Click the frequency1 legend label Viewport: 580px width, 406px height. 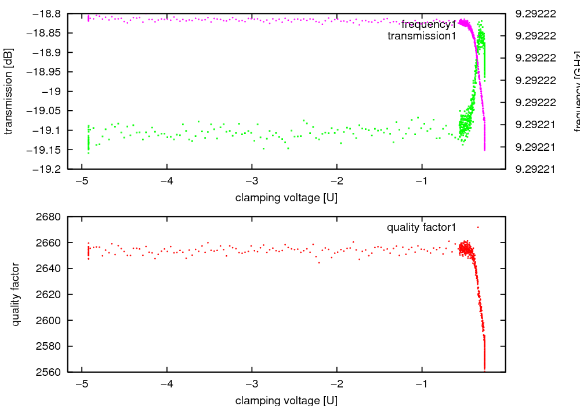click(x=429, y=25)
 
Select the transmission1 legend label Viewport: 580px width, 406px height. click(x=422, y=36)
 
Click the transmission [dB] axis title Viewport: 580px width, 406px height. click(x=8, y=91)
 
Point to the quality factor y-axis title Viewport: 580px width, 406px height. click(x=16, y=294)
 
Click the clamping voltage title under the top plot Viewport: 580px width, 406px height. click(x=287, y=198)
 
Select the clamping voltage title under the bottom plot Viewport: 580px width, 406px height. click(x=287, y=400)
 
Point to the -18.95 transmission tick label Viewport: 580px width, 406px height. click(x=46, y=72)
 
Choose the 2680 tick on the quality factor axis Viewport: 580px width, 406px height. click(x=50, y=217)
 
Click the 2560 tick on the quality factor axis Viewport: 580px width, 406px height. click(x=50, y=372)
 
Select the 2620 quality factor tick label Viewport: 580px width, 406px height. click(x=50, y=294)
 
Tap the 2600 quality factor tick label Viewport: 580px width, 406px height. click(x=50, y=320)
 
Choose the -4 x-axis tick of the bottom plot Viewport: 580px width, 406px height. click(x=167, y=384)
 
